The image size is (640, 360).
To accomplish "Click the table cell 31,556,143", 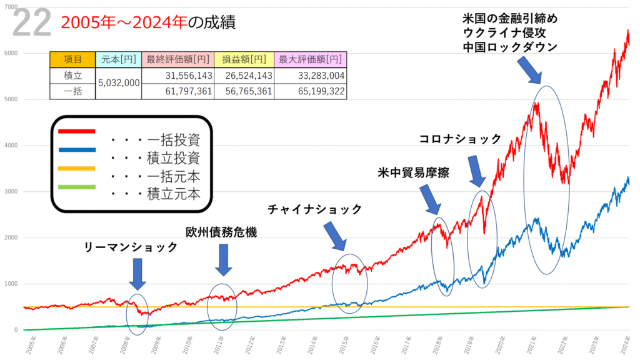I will coord(177,75).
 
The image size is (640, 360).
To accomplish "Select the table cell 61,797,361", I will coord(177,91).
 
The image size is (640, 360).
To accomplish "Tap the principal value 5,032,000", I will coord(119,82).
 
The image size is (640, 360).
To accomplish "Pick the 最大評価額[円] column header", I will coord(311,59).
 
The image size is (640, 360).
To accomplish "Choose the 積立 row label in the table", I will coord(72,75).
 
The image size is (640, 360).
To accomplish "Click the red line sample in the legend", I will coord(76,131).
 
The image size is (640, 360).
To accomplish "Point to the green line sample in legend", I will coord(76,187).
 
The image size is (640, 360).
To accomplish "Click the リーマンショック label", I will coord(131,247).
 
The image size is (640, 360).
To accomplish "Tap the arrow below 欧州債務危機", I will coord(223,259).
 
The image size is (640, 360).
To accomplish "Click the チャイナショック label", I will coord(314,209).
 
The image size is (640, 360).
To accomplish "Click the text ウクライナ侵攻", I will coord(507,32).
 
